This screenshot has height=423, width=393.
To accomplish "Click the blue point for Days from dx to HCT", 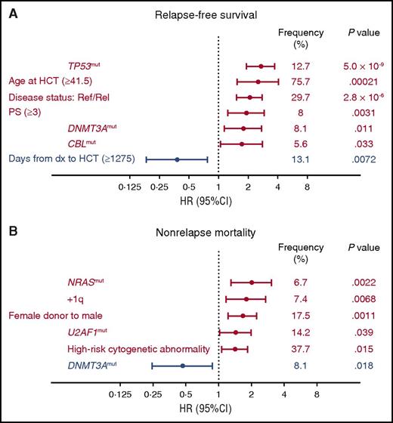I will [x=177, y=159].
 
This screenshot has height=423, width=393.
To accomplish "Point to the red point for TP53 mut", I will [x=261, y=66].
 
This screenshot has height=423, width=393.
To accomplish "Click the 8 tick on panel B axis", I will [x=317, y=394].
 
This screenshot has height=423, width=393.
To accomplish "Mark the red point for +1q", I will [x=246, y=299].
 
